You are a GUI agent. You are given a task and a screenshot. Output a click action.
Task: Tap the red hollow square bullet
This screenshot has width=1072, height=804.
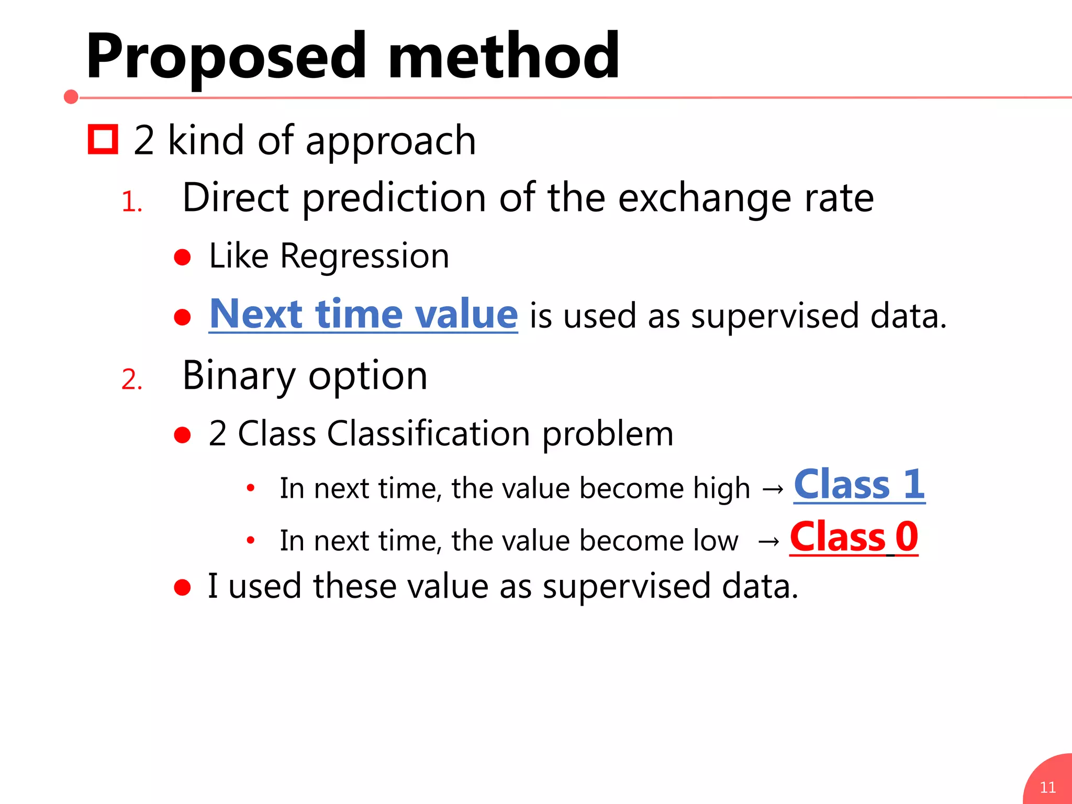[x=103, y=139]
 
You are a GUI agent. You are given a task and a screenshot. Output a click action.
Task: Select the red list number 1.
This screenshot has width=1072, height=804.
[x=131, y=202]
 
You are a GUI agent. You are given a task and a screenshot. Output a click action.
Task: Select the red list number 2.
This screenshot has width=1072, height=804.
[x=131, y=379]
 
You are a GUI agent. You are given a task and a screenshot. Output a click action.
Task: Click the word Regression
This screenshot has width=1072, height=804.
[x=364, y=256]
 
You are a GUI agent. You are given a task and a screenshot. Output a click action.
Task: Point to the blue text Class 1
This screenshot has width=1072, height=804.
[x=859, y=485]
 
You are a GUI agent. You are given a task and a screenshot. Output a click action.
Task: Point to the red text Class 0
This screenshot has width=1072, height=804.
[x=854, y=537]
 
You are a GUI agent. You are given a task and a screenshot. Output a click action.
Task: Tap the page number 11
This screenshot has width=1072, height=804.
[x=1047, y=787]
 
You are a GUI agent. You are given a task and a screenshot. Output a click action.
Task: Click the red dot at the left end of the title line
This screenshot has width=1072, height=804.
[x=71, y=97]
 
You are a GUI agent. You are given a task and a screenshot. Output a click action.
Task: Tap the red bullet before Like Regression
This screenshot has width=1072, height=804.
[x=182, y=257]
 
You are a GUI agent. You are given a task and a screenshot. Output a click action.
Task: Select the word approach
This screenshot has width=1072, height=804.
[x=390, y=141]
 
